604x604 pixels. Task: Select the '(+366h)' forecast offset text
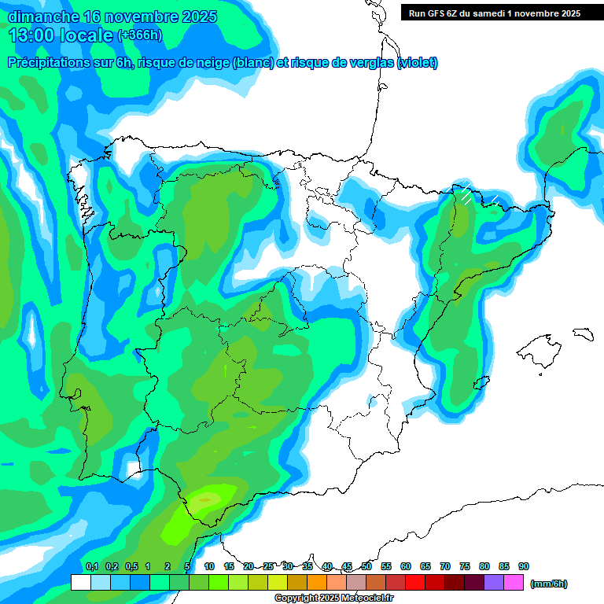(139, 35)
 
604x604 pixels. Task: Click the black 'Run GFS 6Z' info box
(491, 13)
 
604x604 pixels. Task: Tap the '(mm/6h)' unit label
(548, 584)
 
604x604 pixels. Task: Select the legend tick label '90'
(524, 566)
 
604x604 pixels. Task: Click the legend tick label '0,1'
(91, 566)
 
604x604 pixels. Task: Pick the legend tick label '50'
(366, 566)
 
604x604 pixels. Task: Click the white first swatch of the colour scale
(80, 583)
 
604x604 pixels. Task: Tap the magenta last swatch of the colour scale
(514, 583)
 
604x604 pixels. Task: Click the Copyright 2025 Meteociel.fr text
(333, 598)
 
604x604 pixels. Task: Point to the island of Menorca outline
(583, 333)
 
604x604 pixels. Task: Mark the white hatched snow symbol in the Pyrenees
(466, 195)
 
